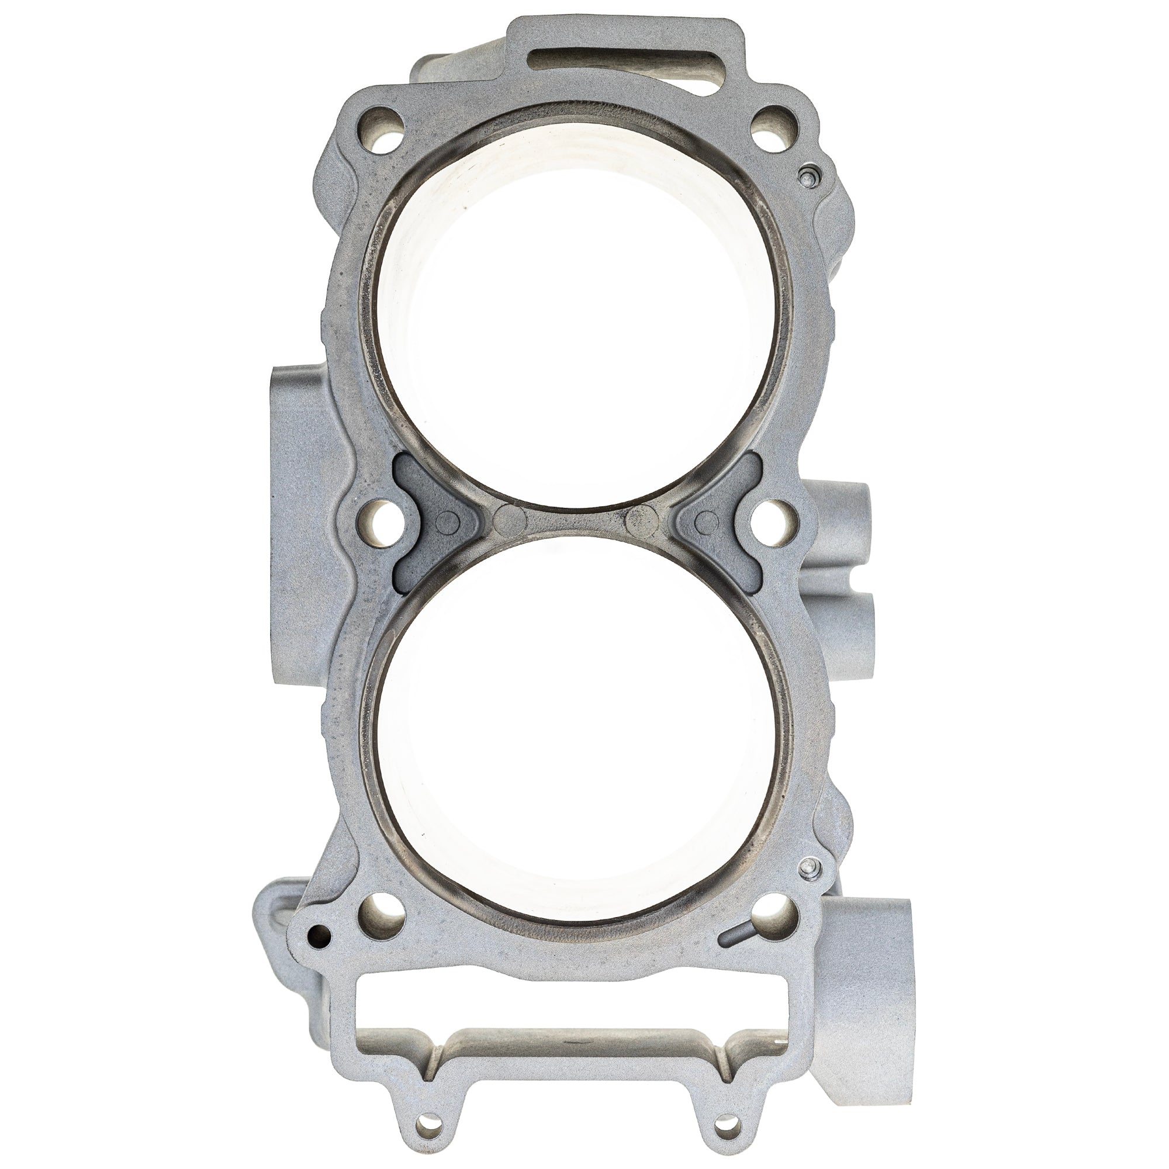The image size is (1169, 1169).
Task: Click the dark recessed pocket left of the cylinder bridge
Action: [x=424, y=519]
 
